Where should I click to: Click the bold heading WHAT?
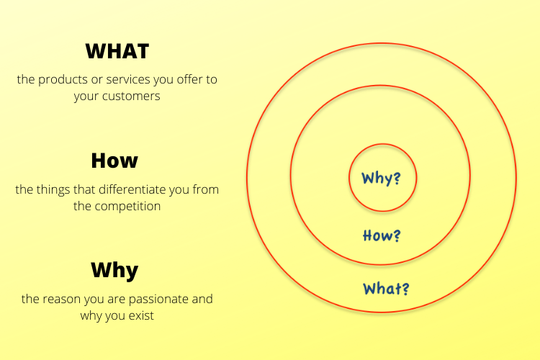117,52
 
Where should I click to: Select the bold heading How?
114,161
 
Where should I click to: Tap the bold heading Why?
114,271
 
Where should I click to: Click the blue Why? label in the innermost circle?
381,178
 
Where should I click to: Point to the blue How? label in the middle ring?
382,235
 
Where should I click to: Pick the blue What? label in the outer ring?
387,289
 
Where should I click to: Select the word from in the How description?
206,189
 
